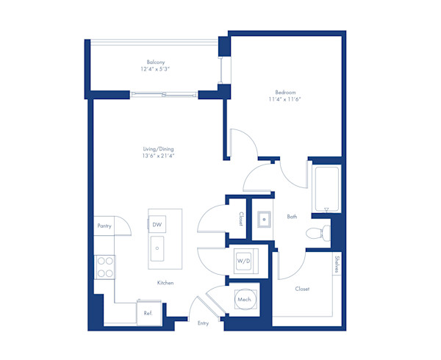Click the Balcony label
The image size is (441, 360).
click(154, 62)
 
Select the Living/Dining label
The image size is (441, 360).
click(159, 149)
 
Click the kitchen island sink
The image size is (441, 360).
click(157, 248)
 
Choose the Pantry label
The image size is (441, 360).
click(104, 226)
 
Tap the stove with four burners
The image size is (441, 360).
click(105, 265)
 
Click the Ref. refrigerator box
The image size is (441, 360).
click(148, 313)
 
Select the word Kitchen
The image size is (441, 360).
click(165, 283)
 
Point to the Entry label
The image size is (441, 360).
click(204, 323)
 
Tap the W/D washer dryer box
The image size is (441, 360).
click(243, 261)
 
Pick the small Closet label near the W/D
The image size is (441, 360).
click(240, 218)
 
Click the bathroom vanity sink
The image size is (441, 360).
click(262, 218)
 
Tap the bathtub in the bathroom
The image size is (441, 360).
click(326, 189)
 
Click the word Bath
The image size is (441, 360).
click(292, 217)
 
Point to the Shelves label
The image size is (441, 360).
click(336, 264)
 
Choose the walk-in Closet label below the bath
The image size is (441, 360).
click(302, 289)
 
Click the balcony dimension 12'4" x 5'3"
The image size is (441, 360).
click(154, 69)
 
